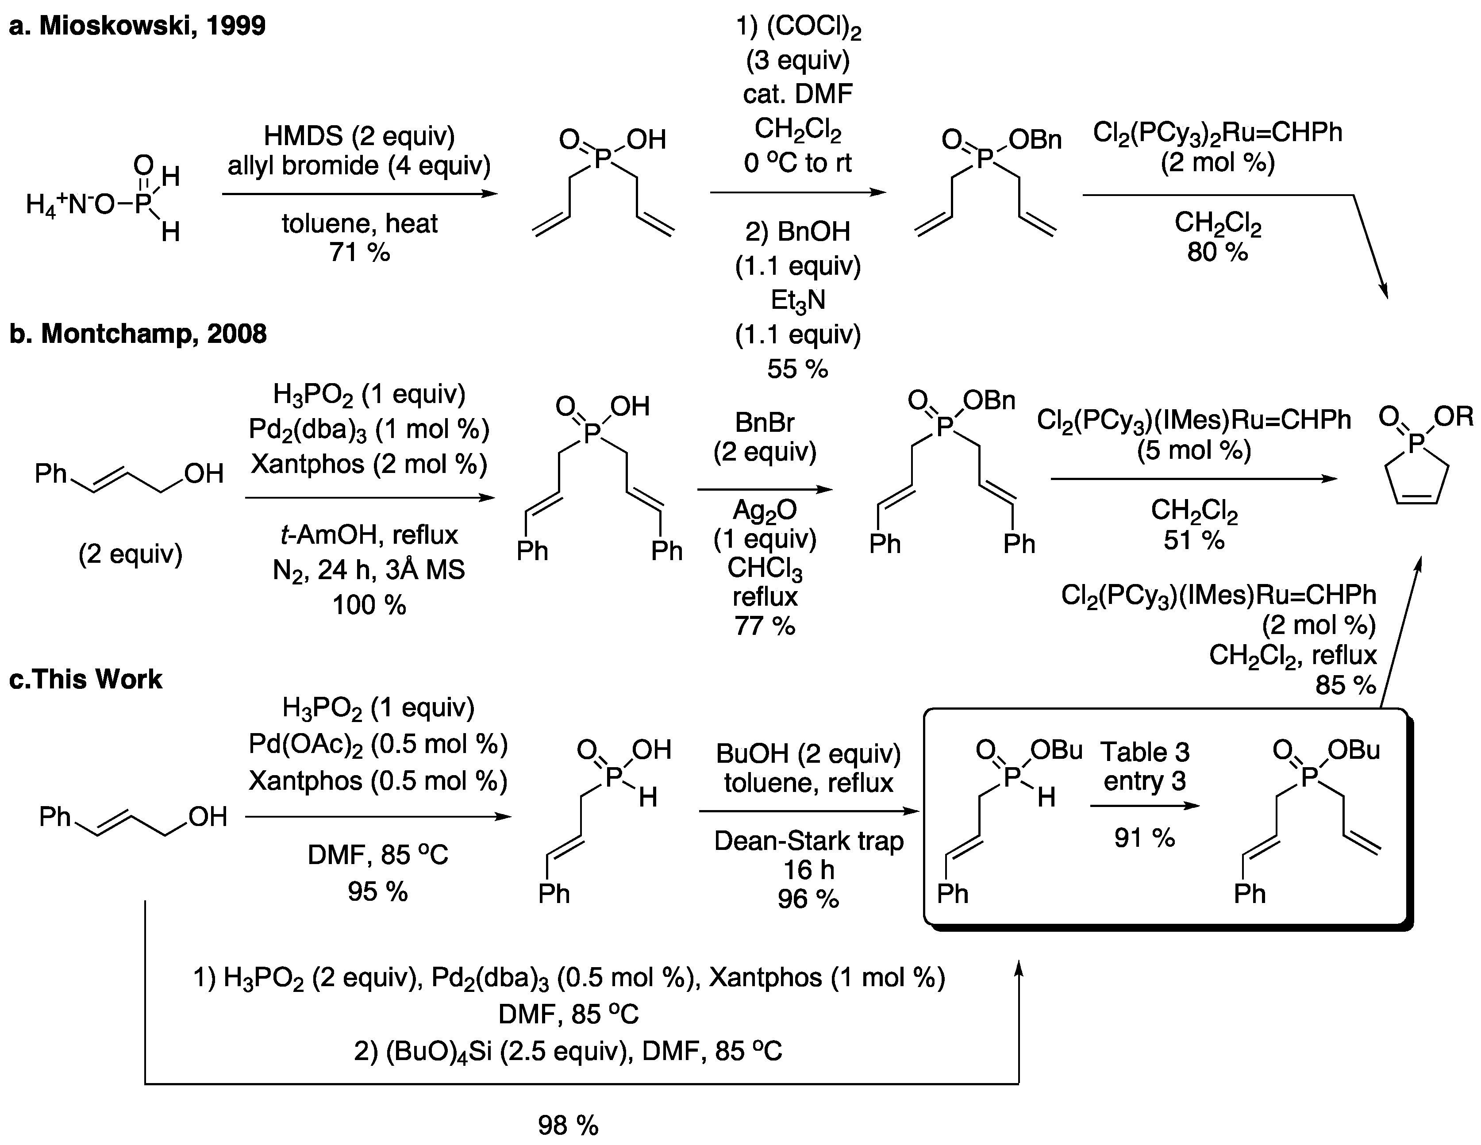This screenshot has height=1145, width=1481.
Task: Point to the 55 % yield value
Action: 797,369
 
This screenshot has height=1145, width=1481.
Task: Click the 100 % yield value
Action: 369,604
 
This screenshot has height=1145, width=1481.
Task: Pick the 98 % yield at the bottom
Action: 568,1126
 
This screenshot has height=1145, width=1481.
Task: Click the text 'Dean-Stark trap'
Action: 808,841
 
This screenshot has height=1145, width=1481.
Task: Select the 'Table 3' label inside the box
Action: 1145,752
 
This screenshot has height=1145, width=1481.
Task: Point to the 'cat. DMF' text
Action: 797,93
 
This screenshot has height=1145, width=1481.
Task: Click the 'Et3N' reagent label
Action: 797,300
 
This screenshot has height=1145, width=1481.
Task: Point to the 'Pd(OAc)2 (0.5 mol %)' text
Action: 378,744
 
